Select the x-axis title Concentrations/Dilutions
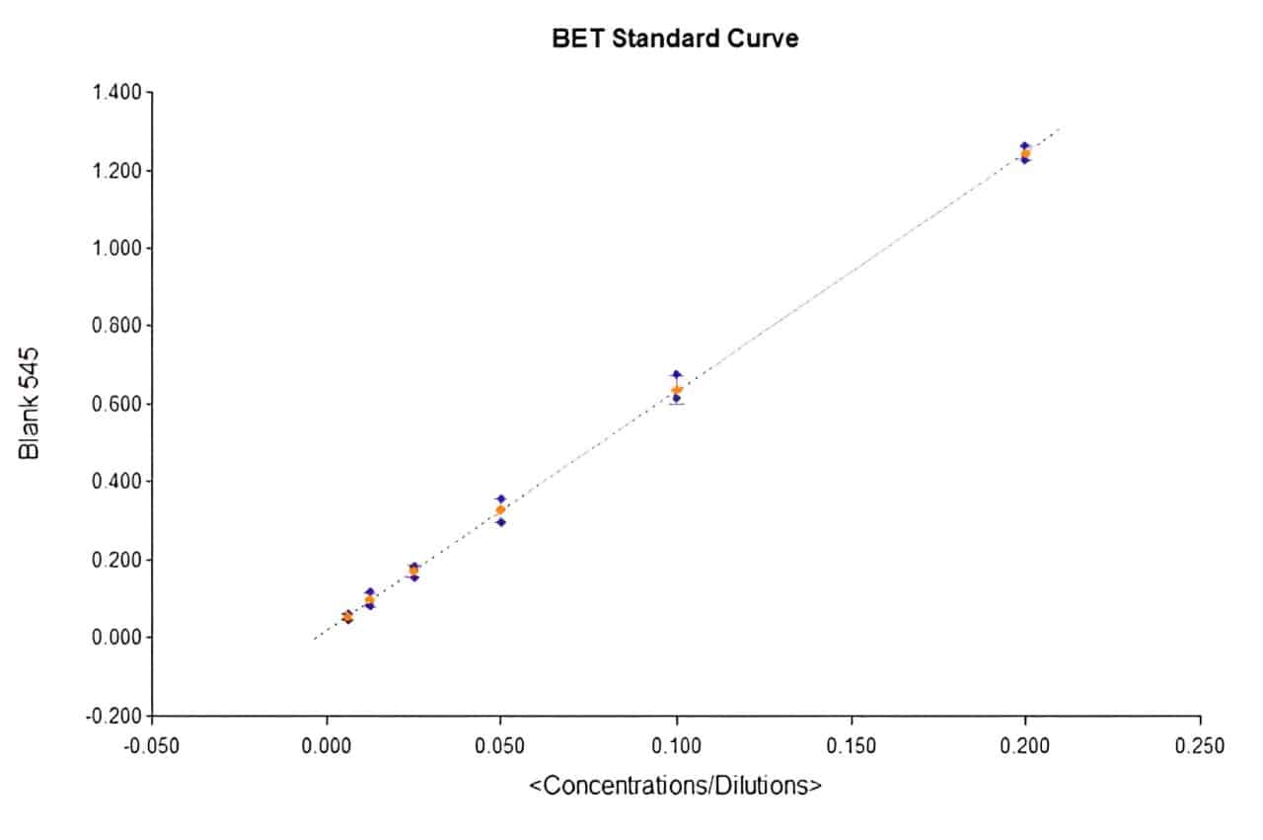click(x=676, y=786)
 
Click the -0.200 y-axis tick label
click(x=117, y=716)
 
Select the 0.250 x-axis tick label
click(x=1201, y=744)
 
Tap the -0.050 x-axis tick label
click(x=151, y=744)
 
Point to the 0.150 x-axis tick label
click(x=852, y=744)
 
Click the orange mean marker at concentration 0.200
click(x=1025, y=153)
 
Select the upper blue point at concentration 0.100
click(x=676, y=375)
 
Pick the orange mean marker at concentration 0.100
click(x=676, y=390)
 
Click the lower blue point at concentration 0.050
click(x=501, y=522)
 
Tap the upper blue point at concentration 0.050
click(x=501, y=499)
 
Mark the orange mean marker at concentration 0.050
click(x=500, y=510)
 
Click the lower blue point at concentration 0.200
click(x=1025, y=160)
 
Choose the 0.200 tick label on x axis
click(x=1026, y=744)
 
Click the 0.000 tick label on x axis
click(x=327, y=744)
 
